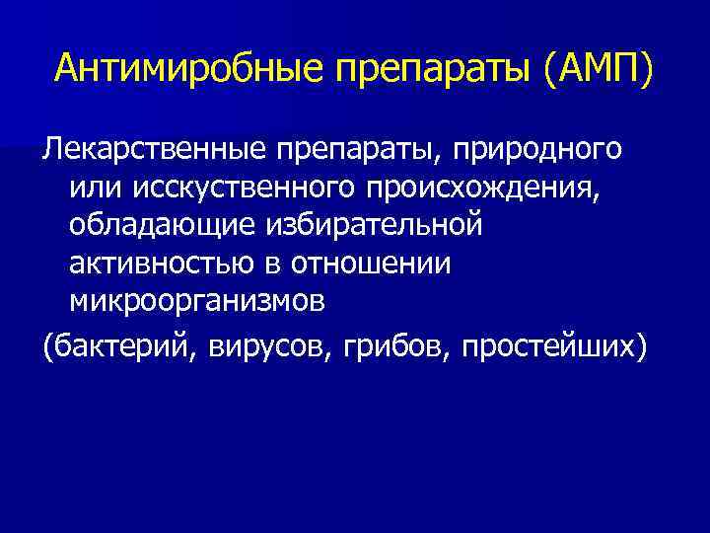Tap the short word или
point(95,188)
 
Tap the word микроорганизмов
point(196,301)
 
